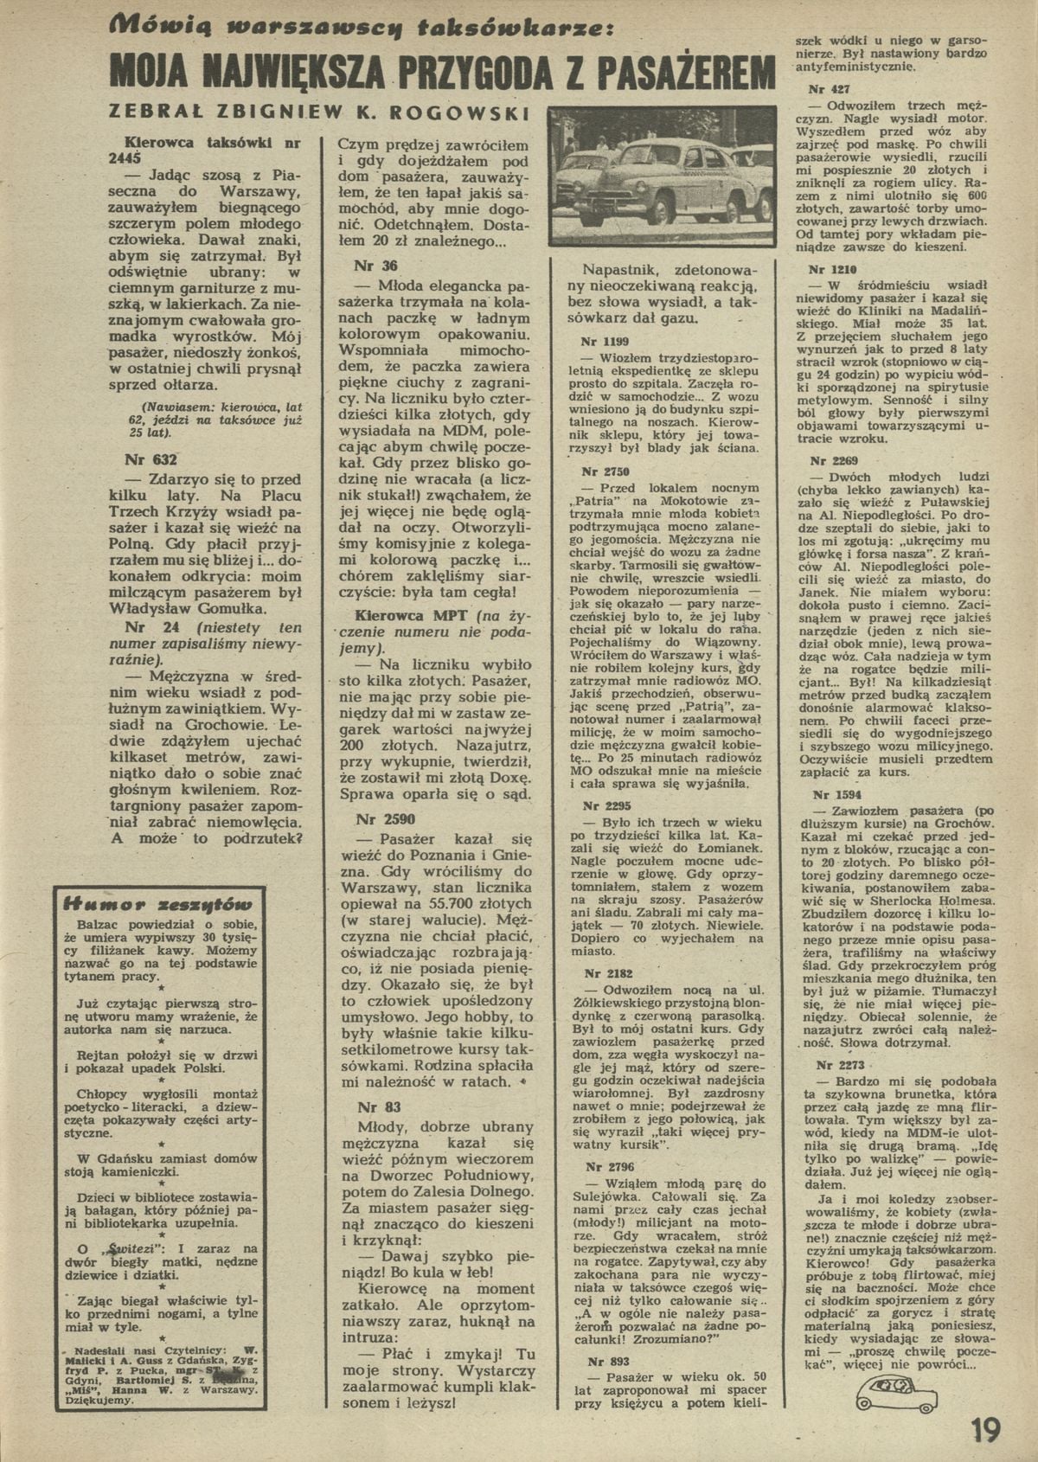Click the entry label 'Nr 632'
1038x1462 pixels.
pos(151,460)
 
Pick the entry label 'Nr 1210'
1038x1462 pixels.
pos(828,269)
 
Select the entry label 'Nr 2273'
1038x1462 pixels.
pos(833,1065)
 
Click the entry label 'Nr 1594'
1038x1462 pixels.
pos(833,793)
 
